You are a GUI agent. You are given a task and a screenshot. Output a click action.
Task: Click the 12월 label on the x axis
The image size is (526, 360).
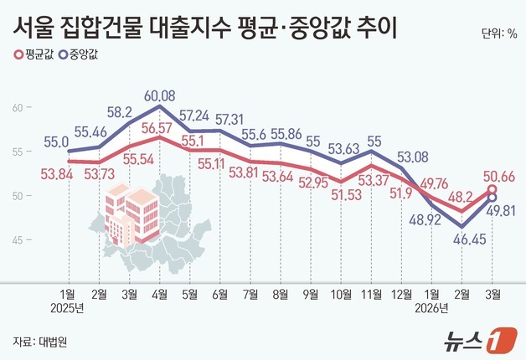point(401,294)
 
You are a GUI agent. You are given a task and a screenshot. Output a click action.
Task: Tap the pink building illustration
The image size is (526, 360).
point(130,214)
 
